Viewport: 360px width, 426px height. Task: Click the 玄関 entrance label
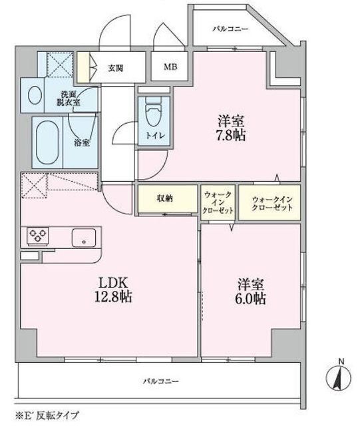[x=116, y=67]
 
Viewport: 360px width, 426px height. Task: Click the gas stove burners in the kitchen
[x=37, y=236]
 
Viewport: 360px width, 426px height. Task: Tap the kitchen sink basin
[x=85, y=237]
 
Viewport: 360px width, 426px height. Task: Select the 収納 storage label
[x=166, y=198]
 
